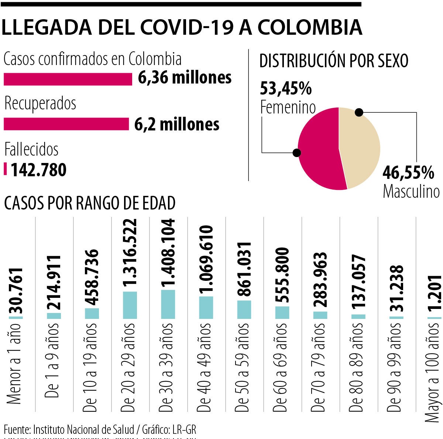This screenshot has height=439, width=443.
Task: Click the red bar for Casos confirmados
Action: click(x=68, y=79)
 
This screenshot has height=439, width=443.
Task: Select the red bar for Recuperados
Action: click(x=66, y=124)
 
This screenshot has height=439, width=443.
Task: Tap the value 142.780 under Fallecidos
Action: click(x=38, y=170)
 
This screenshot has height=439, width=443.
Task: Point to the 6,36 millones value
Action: click(x=185, y=78)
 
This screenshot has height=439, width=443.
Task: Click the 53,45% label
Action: click(x=286, y=89)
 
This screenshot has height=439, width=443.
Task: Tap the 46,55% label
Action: click(x=408, y=172)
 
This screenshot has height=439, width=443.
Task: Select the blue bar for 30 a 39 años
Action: click(x=168, y=304)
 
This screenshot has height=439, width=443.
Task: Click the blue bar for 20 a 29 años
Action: click(x=130, y=305)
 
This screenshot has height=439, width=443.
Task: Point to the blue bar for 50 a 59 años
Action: click(x=244, y=310)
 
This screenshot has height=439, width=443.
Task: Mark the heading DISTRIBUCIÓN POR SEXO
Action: click(x=334, y=61)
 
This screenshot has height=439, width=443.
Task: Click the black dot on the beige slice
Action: click(x=359, y=112)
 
